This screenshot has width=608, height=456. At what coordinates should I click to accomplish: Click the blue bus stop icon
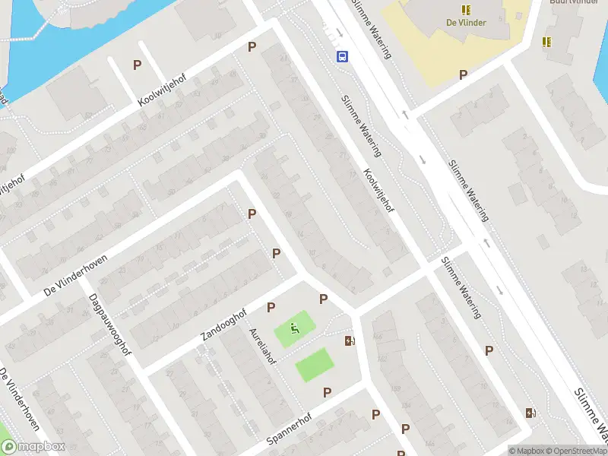click(343, 55)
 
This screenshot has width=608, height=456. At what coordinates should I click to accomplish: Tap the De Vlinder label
click(466, 22)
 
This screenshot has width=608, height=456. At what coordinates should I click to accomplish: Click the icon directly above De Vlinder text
click(466, 9)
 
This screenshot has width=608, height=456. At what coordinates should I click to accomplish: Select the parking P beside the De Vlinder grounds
click(462, 74)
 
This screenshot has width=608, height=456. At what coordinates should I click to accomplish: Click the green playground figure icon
click(293, 330)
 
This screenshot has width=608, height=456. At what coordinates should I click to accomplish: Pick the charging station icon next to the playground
click(350, 340)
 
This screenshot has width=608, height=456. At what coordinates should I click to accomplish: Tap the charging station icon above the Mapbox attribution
click(530, 413)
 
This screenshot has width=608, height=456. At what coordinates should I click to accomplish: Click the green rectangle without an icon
click(315, 365)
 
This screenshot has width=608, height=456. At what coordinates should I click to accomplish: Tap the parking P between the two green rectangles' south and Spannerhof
click(327, 392)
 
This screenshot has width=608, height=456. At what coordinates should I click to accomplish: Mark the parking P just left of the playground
click(271, 307)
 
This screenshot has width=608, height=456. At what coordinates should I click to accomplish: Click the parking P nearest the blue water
click(137, 65)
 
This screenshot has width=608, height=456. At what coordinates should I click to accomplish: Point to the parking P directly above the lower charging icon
click(489, 350)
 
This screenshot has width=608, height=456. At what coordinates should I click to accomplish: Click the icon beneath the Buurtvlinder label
click(546, 42)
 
